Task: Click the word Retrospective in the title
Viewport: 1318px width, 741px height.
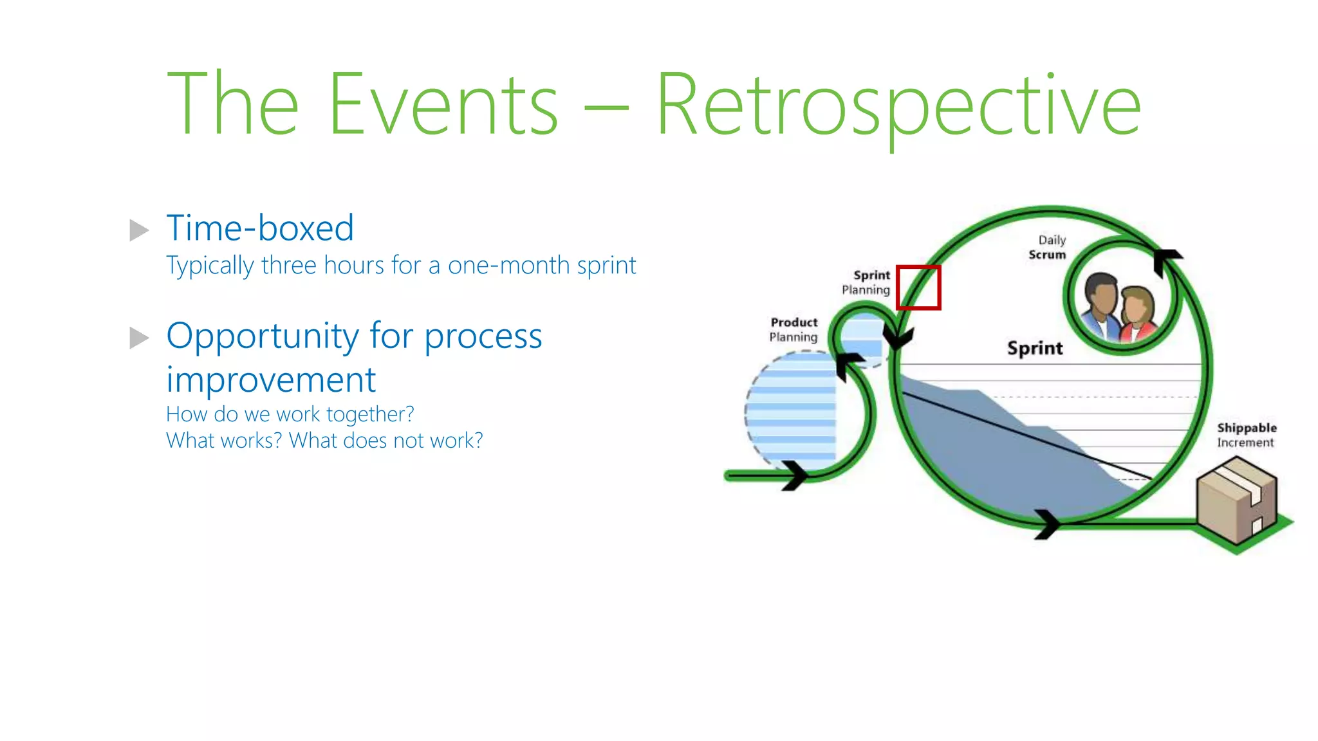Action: (x=898, y=106)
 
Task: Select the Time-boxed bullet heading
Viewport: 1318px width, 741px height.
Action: (x=260, y=228)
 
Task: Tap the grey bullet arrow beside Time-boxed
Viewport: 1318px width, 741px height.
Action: (x=139, y=230)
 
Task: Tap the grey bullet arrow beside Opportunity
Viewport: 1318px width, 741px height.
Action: (x=139, y=338)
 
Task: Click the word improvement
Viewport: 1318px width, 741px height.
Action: (x=271, y=380)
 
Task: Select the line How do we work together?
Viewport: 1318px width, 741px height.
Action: (x=290, y=414)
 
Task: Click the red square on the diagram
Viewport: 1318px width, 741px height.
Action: (x=918, y=288)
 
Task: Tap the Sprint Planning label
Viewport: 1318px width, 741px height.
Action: (x=867, y=282)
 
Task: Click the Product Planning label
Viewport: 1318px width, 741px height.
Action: (x=794, y=329)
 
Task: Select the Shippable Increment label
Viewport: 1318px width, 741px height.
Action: (x=1246, y=435)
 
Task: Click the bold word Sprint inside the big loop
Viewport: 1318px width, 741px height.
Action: (x=1035, y=349)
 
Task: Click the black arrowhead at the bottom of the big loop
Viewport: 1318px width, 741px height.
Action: (x=1047, y=524)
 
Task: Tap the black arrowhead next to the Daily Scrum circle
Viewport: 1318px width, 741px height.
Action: (x=1165, y=261)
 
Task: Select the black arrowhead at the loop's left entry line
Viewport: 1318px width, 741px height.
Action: (x=795, y=475)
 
